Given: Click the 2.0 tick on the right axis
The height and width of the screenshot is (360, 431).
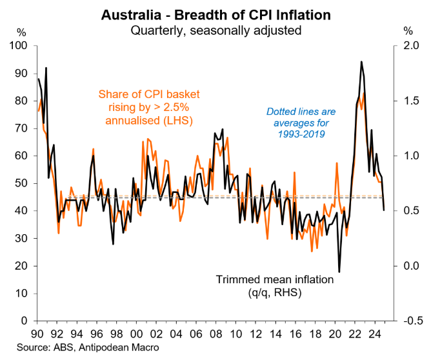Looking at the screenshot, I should click(x=411, y=46).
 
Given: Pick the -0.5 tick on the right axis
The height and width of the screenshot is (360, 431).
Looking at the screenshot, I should click(x=410, y=321).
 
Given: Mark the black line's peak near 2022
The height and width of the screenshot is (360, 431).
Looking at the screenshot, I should click(x=361, y=62).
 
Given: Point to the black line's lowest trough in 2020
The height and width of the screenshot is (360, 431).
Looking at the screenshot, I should click(x=339, y=272).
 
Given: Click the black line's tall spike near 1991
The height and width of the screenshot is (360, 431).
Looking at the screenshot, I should click(x=46, y=68).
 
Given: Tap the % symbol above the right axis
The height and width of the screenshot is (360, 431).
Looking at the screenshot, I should click(x=407, y=30).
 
